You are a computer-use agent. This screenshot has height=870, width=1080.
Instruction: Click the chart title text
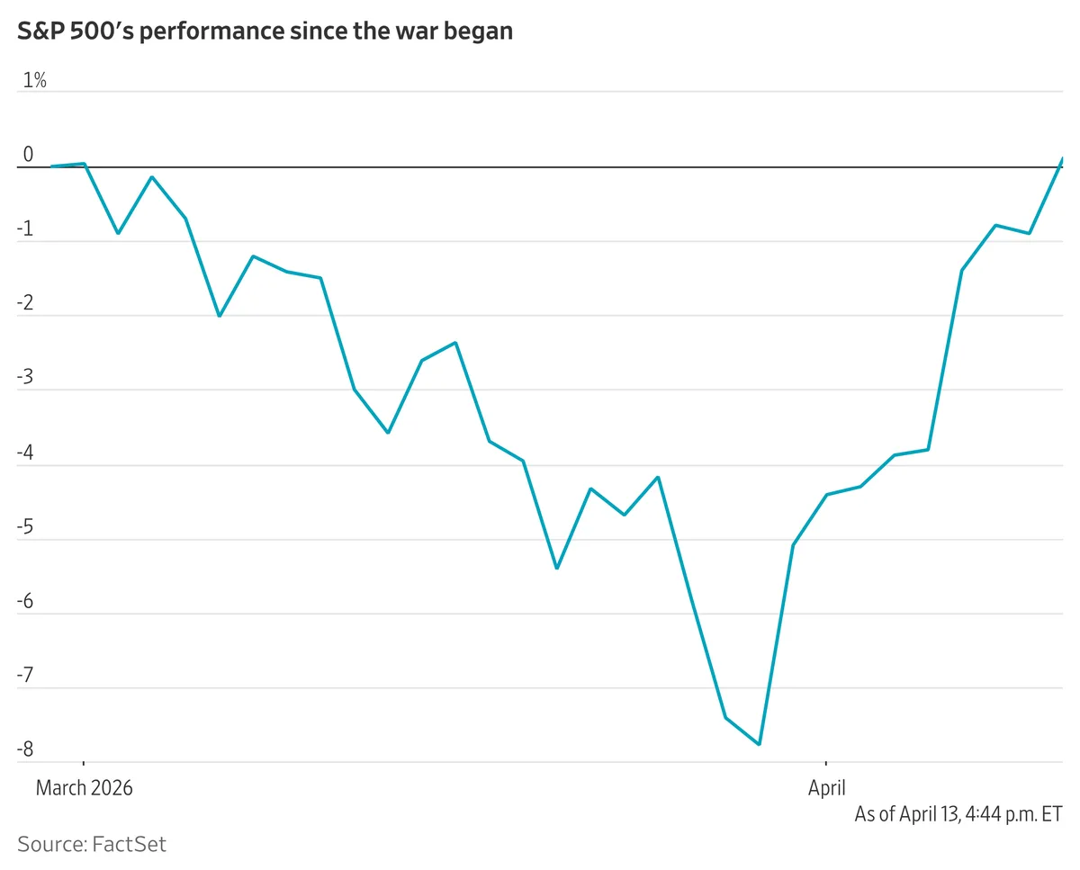click(265, 31)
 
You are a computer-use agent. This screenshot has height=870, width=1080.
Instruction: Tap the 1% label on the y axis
click(34, 80)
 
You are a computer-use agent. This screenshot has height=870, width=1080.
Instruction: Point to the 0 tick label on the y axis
click(28, 155)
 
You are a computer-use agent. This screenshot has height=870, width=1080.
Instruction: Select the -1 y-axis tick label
click(25, 229)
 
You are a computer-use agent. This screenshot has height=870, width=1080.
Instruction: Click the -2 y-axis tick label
click(25, 303)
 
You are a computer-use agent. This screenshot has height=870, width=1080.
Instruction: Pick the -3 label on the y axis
click(25, 378)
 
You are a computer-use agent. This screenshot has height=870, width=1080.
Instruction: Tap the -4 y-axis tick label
click(25, 453)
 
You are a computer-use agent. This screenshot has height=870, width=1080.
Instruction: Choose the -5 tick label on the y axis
click(25, 527)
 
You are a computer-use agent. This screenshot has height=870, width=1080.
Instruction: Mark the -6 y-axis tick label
click(25, 602)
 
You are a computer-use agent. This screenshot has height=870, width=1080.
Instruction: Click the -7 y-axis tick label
click(25, 676)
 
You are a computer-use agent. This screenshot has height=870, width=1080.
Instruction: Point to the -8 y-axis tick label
click(25, 750)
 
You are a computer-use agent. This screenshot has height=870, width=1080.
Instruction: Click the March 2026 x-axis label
click(84, 788)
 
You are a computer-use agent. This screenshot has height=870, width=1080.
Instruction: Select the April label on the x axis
click(826, 788)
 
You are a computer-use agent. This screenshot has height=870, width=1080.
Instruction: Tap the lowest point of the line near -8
click(760, 744)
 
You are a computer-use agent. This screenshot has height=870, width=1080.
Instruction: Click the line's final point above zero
click(1062, 158)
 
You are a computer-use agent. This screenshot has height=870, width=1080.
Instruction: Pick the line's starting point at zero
click(51, 166)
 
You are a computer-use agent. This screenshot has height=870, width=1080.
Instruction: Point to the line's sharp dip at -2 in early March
click(219, 316)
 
